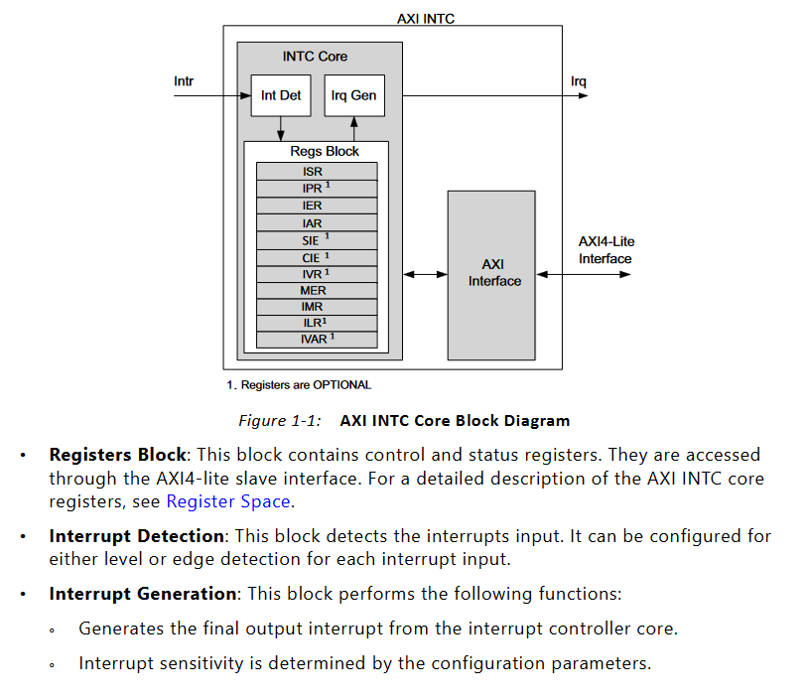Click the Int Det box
281,96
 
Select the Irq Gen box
353,96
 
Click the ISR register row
316,172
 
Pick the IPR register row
316,189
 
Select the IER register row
316,206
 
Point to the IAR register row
316,223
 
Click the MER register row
316,290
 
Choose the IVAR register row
316,340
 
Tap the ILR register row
316,323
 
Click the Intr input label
184,80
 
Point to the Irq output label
578,80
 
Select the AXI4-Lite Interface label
606,250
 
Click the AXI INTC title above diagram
425,18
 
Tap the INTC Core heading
315,57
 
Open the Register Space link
227,501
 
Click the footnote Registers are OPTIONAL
299,384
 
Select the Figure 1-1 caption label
280,420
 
